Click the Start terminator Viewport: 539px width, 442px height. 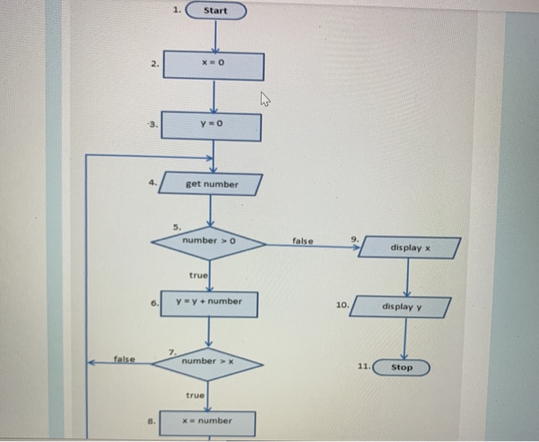click(x=216, y=11)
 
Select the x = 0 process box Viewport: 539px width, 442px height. click(x=213, y=65)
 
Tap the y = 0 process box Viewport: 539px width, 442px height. click(x=211, y=125)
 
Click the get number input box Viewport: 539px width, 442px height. click(x=211, y=185)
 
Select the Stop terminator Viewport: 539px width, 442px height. click(x=401, y=367)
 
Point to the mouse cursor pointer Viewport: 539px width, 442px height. click(x=265, y=99)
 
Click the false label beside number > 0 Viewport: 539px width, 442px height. click(x=303, y=241)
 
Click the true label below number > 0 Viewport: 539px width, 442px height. click(x=199, y=275)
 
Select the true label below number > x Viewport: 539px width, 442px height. click(x=195, y=396)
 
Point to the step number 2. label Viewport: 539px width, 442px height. click(x=156, y=65)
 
